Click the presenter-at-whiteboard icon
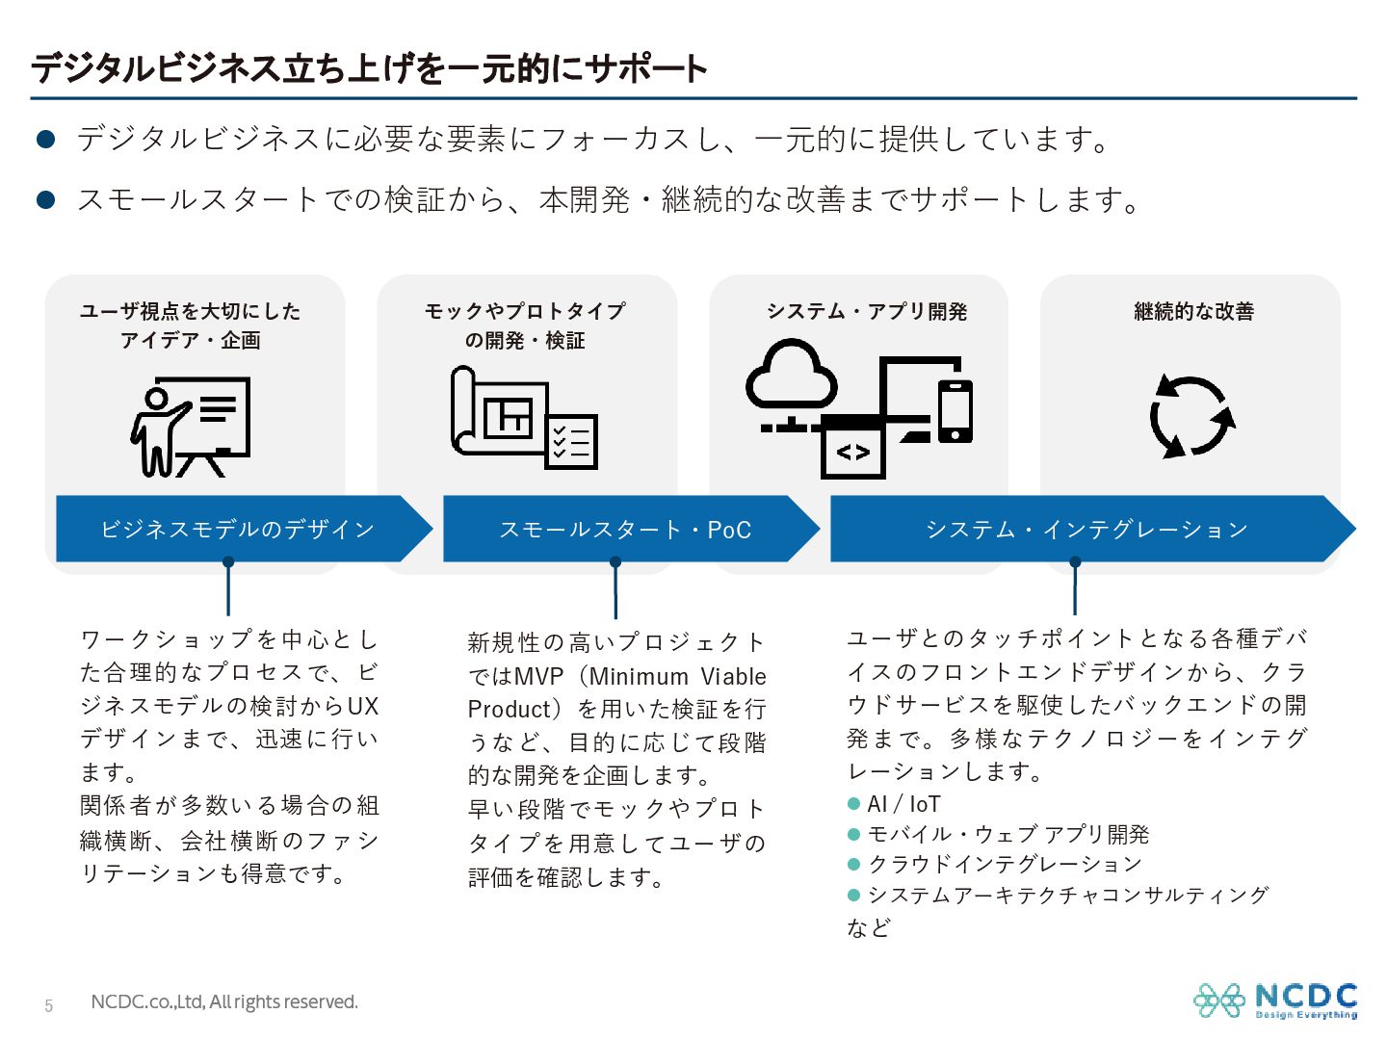point(190,427)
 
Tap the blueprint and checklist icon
point(524,417)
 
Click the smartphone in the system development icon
point(955,410)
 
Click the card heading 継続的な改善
point(1193,311)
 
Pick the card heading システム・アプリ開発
point(866,311)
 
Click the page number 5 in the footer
point(49,1005)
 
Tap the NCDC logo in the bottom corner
point(1275,1001)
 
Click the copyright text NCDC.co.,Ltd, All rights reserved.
point(224,1002)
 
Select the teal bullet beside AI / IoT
point(853,804)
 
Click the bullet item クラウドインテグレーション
point(1005,864)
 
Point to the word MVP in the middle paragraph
point(538,677)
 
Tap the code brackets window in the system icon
point(853,452)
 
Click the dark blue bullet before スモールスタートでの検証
point(46,199)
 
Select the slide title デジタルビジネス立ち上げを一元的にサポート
point(369,68)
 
